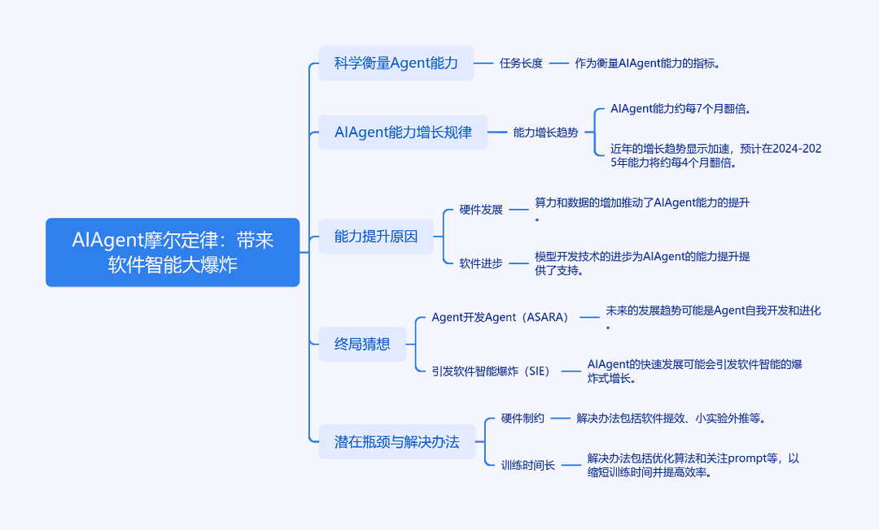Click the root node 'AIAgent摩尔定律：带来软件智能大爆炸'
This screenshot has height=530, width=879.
pyautogui.click(x=173, y=253)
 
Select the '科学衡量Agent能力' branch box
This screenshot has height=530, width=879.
pyautogui.click(x=396, y=63)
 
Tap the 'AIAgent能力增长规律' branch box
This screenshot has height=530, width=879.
pyautogui.click(x=403, y=132)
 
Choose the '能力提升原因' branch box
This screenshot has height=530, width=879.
pyautogui.click(x=376, y=237)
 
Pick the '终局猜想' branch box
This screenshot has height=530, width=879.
pyautogui.click(x=362, y=344)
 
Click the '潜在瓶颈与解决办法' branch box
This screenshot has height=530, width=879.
pyautogui.click(x=397, y=441)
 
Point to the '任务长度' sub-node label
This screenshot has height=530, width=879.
pyautogui.click(x=522, y=63)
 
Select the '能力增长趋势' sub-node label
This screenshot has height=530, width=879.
pyautogui.click(x=545, y=132)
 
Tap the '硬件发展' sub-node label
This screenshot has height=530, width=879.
pyautogui.click(x=481, y=210)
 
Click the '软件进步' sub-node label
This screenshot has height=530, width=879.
pyautogui.click(x=481, y=263)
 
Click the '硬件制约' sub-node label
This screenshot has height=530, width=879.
pyautogui.click(x=523, y=418)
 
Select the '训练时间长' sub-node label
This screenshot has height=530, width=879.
pyautogui.click(x=528, y=465)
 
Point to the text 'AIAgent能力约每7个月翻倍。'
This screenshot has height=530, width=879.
pyautogui.click(x=680, y=109)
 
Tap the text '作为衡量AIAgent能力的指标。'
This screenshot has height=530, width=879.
pyautogui.click(x=648, y=63)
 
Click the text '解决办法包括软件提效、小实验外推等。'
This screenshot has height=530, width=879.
pyautogui.click(x=671, y=418)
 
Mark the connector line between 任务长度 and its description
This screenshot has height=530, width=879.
pyautogui.click(x=559, y=63)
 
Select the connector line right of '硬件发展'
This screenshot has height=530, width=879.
pyautogui.click(x=519, y=210)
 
